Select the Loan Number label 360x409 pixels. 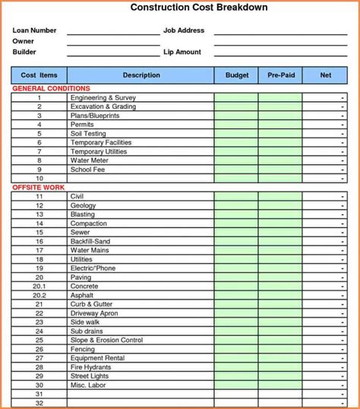34,30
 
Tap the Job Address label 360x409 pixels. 184,30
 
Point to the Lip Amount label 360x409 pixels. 182,52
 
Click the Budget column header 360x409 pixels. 236,75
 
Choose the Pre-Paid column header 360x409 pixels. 280,75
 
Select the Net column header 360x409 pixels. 326,75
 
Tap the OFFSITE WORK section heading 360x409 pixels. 38,187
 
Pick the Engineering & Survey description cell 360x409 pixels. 103,98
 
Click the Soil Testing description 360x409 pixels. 88,134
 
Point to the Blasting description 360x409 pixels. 83,214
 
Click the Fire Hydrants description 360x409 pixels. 90,367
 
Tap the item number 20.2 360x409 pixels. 39,295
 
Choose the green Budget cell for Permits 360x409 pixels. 236,125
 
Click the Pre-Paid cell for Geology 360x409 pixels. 280,205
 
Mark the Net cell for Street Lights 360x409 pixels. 326,376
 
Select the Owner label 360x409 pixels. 24,41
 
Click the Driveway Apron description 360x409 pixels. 93,313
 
